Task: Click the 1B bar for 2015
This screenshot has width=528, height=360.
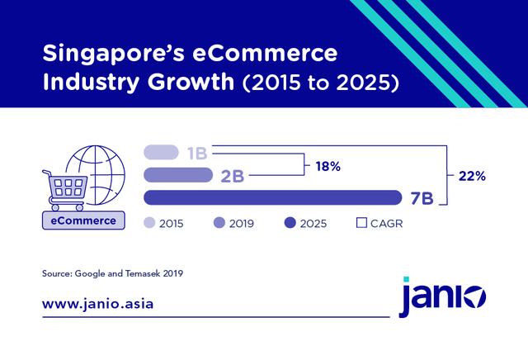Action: (161, 153)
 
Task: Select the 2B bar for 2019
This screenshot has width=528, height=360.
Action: (177, 175)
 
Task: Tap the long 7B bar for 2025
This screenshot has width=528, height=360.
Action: (272, 198)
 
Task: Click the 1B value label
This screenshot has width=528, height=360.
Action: (196, 153)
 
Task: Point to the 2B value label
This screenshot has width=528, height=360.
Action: (230, 175)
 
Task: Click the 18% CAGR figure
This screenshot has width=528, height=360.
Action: (328, 166)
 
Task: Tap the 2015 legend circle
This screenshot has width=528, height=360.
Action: (149, 222)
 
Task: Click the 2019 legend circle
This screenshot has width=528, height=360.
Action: (219, 222)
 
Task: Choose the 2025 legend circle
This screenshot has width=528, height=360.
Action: (290, 222)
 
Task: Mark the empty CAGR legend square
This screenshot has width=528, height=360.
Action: (361, 222)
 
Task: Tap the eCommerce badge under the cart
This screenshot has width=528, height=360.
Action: (82, 221)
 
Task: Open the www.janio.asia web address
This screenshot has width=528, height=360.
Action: (97, 303)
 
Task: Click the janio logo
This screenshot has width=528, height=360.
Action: (442, 296)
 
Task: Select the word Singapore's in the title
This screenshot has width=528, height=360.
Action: (111, 56)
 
